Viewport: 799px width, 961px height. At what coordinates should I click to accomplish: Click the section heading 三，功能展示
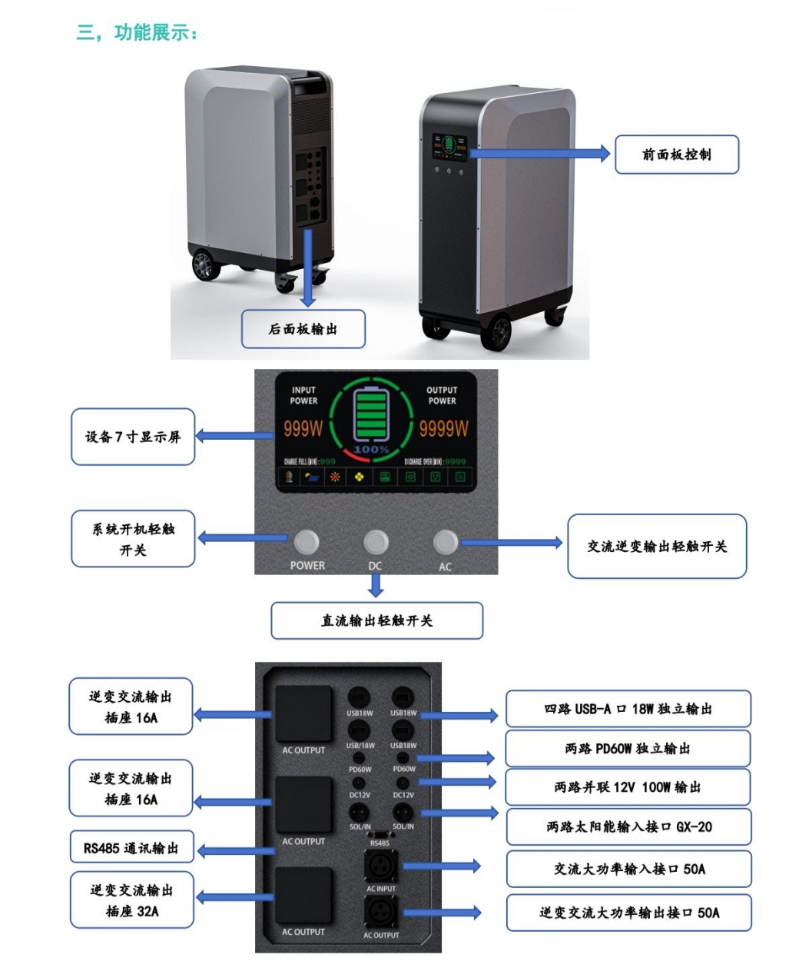(137, 33)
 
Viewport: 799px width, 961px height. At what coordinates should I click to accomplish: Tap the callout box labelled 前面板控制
(676, 155)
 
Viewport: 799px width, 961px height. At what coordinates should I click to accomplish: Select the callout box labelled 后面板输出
(303, 329)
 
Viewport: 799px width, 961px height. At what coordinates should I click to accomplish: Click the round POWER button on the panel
(307, 542)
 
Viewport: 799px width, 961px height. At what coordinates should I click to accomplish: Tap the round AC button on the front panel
(446, 542)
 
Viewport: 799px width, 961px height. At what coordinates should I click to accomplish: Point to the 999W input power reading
(303, 429)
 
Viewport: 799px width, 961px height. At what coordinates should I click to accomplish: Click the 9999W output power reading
(443, 429)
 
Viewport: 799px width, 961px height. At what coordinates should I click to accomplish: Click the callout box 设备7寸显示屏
(132, 437)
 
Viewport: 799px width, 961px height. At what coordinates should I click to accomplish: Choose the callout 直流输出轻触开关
(376, 620)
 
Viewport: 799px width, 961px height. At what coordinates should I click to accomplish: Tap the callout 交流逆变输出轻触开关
(657, 547)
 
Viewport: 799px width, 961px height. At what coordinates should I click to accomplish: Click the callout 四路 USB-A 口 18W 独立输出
(628, 709)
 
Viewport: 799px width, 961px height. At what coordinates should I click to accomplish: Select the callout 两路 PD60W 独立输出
(628, 748)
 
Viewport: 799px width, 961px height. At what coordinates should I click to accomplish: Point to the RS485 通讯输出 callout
(131, 849)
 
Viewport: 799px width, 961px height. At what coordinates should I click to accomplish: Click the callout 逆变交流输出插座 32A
(131, 900)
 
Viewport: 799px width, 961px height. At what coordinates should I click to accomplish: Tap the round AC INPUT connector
(381, 867)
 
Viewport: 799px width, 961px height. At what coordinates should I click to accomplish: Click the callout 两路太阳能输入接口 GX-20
(628, 827)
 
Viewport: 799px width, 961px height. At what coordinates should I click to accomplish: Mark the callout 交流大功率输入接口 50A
(628, 870)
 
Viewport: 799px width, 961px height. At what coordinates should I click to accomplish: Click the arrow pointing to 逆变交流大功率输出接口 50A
(443, 913)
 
